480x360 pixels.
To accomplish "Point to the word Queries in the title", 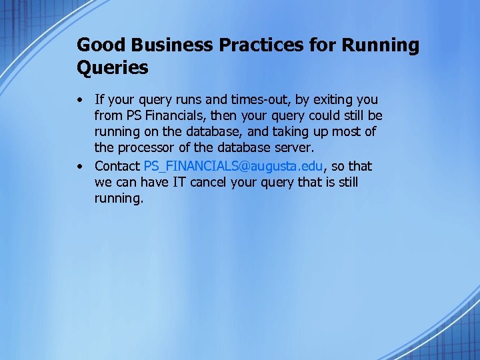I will (x=113, y=67).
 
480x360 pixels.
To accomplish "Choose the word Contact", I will (x=117, y=166).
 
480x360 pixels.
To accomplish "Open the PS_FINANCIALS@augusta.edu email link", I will (x=233, y=166).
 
